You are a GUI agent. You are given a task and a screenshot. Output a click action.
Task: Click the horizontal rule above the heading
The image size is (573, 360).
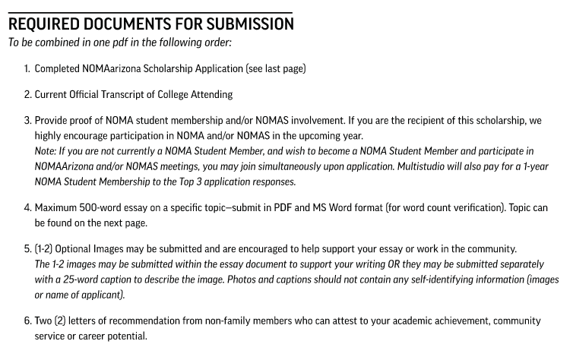click(x=150, y=11)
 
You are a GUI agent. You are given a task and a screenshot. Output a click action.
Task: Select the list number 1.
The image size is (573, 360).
click(x=27, y=69)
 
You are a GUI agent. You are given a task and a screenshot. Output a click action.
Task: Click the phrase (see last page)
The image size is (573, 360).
click(x=276, y=69)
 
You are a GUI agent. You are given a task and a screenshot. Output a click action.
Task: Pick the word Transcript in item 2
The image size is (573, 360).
click(x=130, y=95)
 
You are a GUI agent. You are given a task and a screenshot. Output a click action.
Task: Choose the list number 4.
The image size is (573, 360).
click(x=27, y=208)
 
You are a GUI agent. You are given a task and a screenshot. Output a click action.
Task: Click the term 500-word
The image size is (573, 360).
click(x=98, y=208)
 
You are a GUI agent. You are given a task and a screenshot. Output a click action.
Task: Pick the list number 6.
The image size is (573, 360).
click(x=27, y=321)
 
